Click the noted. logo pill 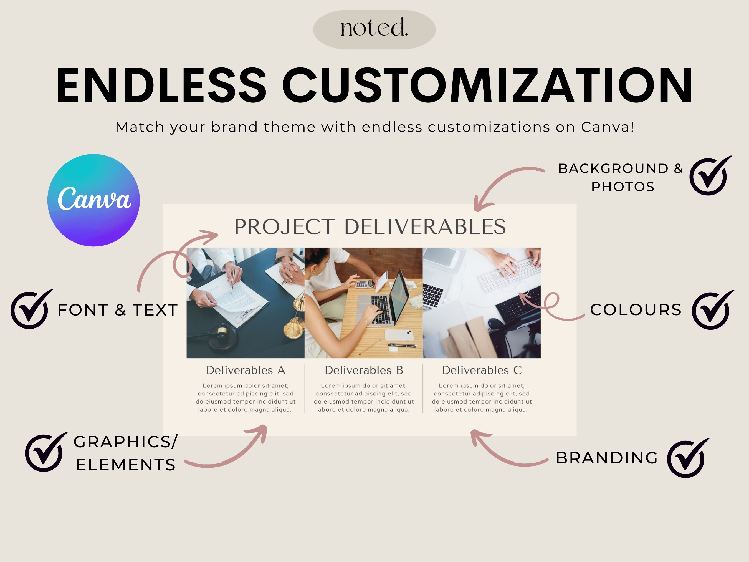click(x=374, y=29)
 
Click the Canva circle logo click(x=94, y=200)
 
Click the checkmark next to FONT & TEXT click(x=31, y=310)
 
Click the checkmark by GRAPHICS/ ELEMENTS click(x=45, y=453)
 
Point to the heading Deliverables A click(x=246, y=370)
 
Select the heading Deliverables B click(x=364, y=370)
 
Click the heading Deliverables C click(x=482, y=370)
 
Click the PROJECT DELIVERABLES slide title click(x=370, y=227)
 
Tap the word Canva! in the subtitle click(x=608, y=127)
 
